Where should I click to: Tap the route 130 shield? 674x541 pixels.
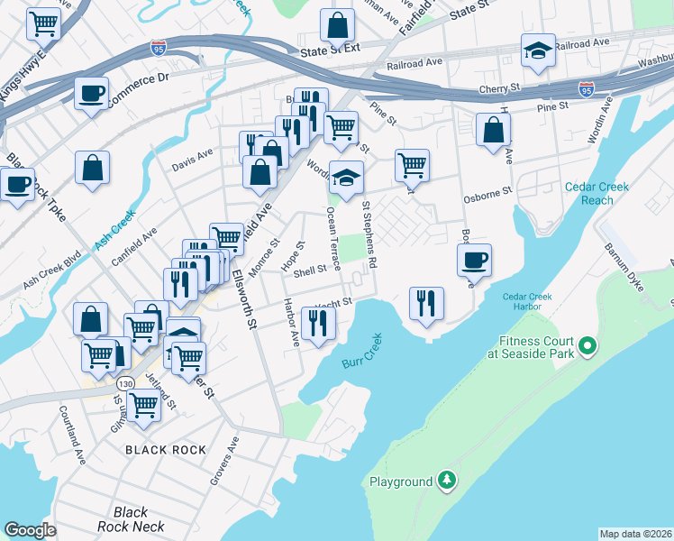[125, 383]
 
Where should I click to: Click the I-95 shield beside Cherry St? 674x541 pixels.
[587, 90]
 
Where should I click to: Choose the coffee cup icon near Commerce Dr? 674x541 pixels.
[91, 93]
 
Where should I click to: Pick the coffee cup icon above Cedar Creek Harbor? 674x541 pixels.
[474, 260]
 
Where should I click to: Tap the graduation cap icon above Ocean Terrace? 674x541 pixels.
[346, 177]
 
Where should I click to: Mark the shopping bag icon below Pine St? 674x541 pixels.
[494, 130]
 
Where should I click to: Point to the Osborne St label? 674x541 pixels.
[487, 191]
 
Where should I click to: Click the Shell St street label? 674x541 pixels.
[310, 269]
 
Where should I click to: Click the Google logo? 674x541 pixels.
[31, 530]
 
